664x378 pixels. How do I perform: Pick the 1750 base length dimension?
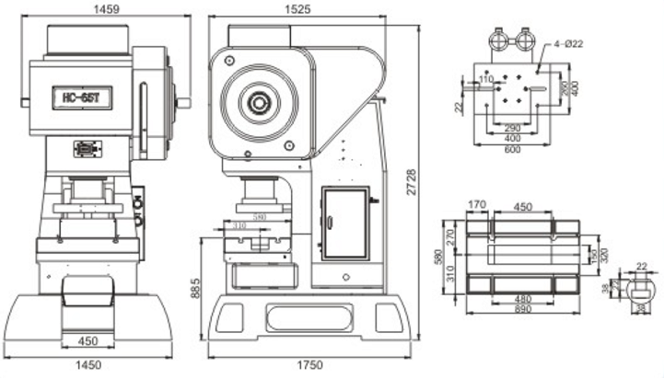point(310,365)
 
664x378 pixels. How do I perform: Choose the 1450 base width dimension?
point(89,365)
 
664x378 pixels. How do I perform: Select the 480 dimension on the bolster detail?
point(522,299)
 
